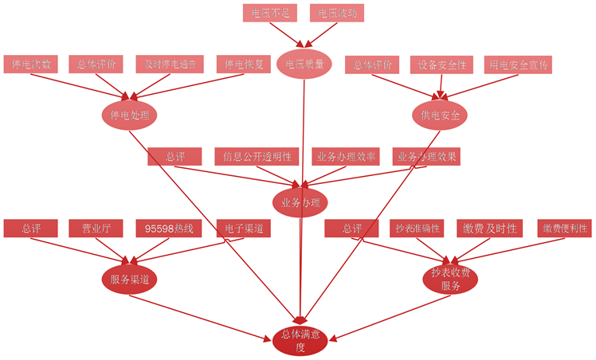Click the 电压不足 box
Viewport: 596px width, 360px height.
click(x=269, y=13)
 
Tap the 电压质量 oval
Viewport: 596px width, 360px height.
click(x=304, y=65)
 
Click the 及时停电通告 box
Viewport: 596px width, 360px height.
click(x=171, y=65)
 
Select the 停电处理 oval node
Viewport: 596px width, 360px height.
click(x=129, y=115)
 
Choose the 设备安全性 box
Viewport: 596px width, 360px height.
click(x=442, y=65)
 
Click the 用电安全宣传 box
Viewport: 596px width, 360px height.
click(x=517, y=65)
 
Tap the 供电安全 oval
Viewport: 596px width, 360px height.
click(x=440, y=115)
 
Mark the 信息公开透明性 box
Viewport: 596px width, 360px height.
click(x=257, y=156)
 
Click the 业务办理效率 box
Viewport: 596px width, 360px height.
click(x=346, y=156)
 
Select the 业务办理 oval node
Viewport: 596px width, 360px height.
click(x=300, y=202)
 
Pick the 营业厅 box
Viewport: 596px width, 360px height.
click(x=97, y=229)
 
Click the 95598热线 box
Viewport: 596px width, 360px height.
click(x=170, y=229)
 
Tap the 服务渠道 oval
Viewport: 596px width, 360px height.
click(x=130, y=279)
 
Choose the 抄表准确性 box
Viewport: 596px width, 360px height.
click(x=418, y=229)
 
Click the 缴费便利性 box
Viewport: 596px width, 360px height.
click(x=565, y=229)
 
